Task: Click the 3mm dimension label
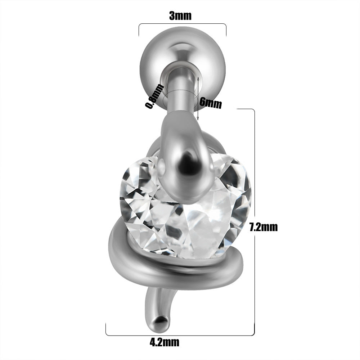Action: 180,16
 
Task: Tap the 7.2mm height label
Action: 264,227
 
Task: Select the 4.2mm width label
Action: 165,342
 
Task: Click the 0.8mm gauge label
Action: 155,96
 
